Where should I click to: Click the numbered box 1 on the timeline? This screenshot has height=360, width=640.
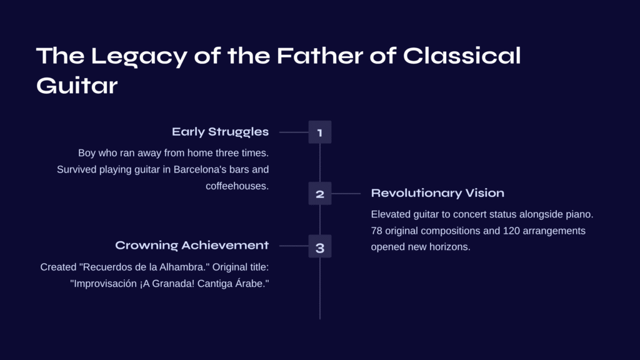tap(320, 132)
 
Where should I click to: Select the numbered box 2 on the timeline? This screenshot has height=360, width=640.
tap(320, 194)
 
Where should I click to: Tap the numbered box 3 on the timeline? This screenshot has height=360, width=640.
tap(320, 246)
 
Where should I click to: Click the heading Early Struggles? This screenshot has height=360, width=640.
tap(221, 132)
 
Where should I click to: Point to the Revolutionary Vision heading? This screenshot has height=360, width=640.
tap(437, 193)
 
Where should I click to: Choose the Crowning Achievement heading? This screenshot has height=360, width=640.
tap(192, 245)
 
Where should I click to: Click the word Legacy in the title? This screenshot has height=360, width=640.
tap(139, 57)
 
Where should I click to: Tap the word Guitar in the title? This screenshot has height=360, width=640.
tap(77, 86)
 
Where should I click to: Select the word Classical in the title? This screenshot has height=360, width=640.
tap(462, 56)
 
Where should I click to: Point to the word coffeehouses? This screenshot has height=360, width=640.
tap(237, 186)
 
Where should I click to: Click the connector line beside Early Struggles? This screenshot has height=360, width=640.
tap(294, 132)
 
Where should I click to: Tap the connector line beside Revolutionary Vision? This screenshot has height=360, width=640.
tap(346, 194)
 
